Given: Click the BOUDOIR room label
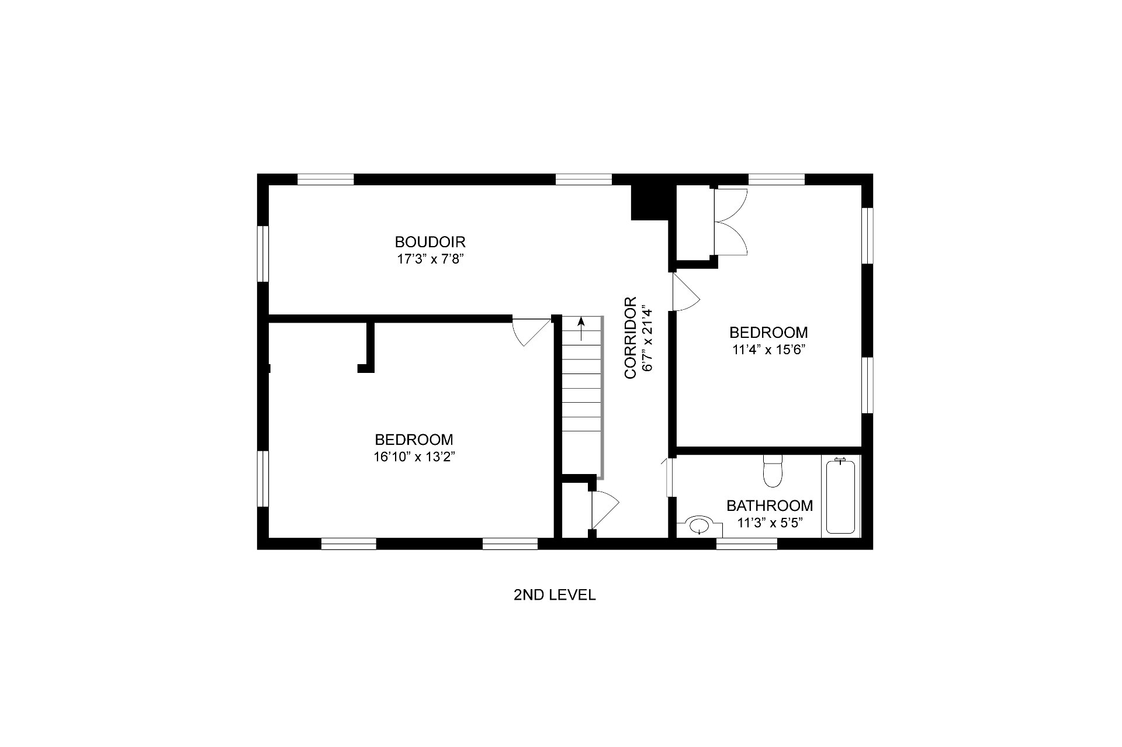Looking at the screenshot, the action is pyautogui.click(x=430, y=242).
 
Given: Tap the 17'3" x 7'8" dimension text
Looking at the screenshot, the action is pyautogui.click(x=430, y=259).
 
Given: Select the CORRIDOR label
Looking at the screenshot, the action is pyautogui.click(x=630, y=338).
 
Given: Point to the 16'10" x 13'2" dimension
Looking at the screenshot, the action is pyautogui.click(x=414, y=456).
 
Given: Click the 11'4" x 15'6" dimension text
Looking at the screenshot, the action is pyautogui.click(x=768, y=350).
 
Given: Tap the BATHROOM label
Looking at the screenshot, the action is pyautogui.click(x=770, y=506).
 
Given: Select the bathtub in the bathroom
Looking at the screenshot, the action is pyautogui.click(x=841, y=496).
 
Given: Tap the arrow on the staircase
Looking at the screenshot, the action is pyautogui.click(x=581, y=329).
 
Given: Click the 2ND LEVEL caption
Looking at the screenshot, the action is pyautogui.click(x=555, y=595).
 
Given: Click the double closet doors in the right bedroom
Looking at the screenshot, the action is pyautogui.click(x=730, y=221).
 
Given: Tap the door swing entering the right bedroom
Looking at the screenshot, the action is pyautogui.click(x=686, y=292).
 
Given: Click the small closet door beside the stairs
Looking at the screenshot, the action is pyautogui.click(x=604, y=510).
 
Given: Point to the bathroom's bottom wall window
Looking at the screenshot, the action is pyautogui.click(x=747, y=544).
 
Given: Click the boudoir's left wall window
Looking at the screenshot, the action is pyautogui.click(x=263, y=254).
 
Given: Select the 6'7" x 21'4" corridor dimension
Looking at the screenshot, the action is pyautogui.click(x=646, y=338).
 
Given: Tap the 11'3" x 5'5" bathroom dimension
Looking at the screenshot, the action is pyautogui.click(x=770, y=523).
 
